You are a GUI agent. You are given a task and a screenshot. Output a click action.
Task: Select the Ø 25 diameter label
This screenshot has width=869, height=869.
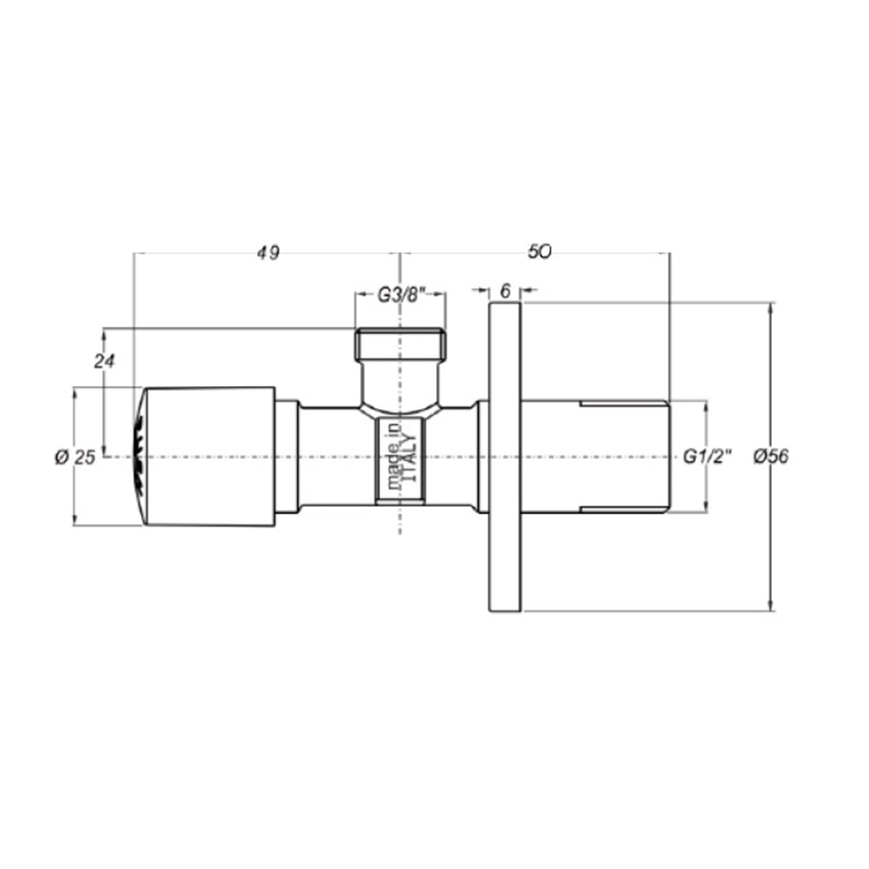[x=75, y=458]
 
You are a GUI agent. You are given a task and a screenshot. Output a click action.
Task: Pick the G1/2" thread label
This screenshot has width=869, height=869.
[x=708, y=457]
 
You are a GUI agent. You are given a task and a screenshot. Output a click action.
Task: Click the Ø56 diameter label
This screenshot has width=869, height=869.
[x=771, y=457]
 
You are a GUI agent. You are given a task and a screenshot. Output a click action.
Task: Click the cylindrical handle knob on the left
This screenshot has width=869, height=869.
[x=210, y=457]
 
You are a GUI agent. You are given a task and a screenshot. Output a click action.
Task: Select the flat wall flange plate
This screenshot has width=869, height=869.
[x=505, y=458]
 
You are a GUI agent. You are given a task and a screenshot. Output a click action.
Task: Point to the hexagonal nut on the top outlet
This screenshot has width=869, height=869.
[x=400, y=344]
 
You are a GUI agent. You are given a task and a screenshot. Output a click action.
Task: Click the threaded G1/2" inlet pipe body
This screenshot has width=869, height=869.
[x=594, y=457]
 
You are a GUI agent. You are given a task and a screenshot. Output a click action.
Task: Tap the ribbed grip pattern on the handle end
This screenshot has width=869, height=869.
[x=138, y=457]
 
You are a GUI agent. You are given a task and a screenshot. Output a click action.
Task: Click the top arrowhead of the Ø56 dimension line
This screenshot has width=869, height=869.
[x=771, y=308]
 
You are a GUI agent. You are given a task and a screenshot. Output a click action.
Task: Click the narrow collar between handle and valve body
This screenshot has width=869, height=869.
[x=288, y=457]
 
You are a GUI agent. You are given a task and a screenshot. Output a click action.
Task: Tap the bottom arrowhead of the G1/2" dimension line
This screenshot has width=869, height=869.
[x=705, y=508]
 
